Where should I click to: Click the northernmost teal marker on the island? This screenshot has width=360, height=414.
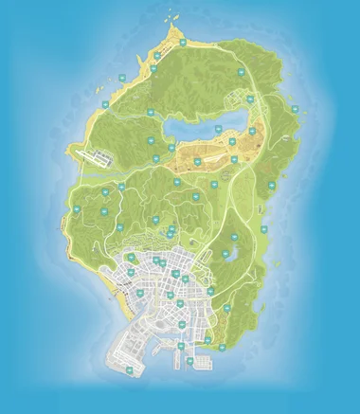click(x=182, y=43)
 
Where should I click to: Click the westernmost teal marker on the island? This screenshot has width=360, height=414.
click(x=76, y=208)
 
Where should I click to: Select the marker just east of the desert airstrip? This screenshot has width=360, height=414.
click(x=234, y=159)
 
